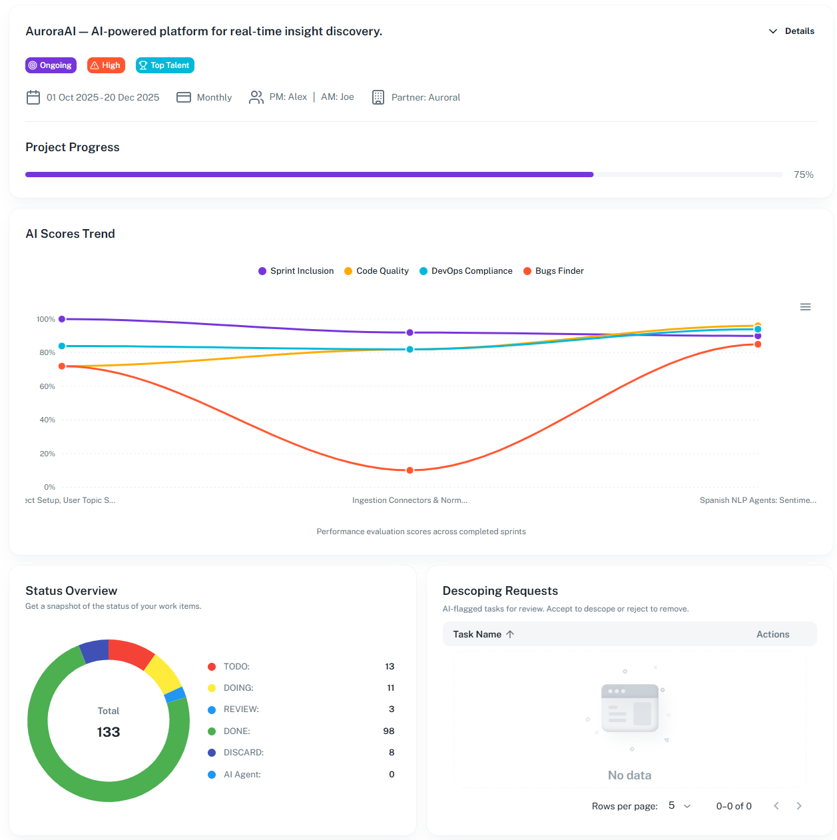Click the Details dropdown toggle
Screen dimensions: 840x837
tap(792, 31)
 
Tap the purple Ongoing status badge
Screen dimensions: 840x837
tap(51, 65)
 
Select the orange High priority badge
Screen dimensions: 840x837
tap(106, 65)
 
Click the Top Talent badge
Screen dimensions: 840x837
tap(164, 65)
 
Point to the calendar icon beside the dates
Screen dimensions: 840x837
tap(33, 97)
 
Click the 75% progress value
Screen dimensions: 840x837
tap(803, 175)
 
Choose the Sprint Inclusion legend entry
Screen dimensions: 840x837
tap(296, 271)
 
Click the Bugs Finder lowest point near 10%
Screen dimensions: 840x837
tap(410, 470)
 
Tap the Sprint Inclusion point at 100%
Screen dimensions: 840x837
tap(62, 319)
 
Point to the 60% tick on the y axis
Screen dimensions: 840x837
tap(47, 386)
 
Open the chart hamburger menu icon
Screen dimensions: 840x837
tap(805, 307)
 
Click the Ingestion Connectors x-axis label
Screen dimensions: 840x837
tap(410, 500)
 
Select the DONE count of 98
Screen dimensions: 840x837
tap(389, 731)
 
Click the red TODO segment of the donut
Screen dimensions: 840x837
tap(131, 651)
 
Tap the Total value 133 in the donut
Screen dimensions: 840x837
tap(109, 732)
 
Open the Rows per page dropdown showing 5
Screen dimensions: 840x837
tap(679, 806)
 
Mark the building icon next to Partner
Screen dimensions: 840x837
tap(378, 97)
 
